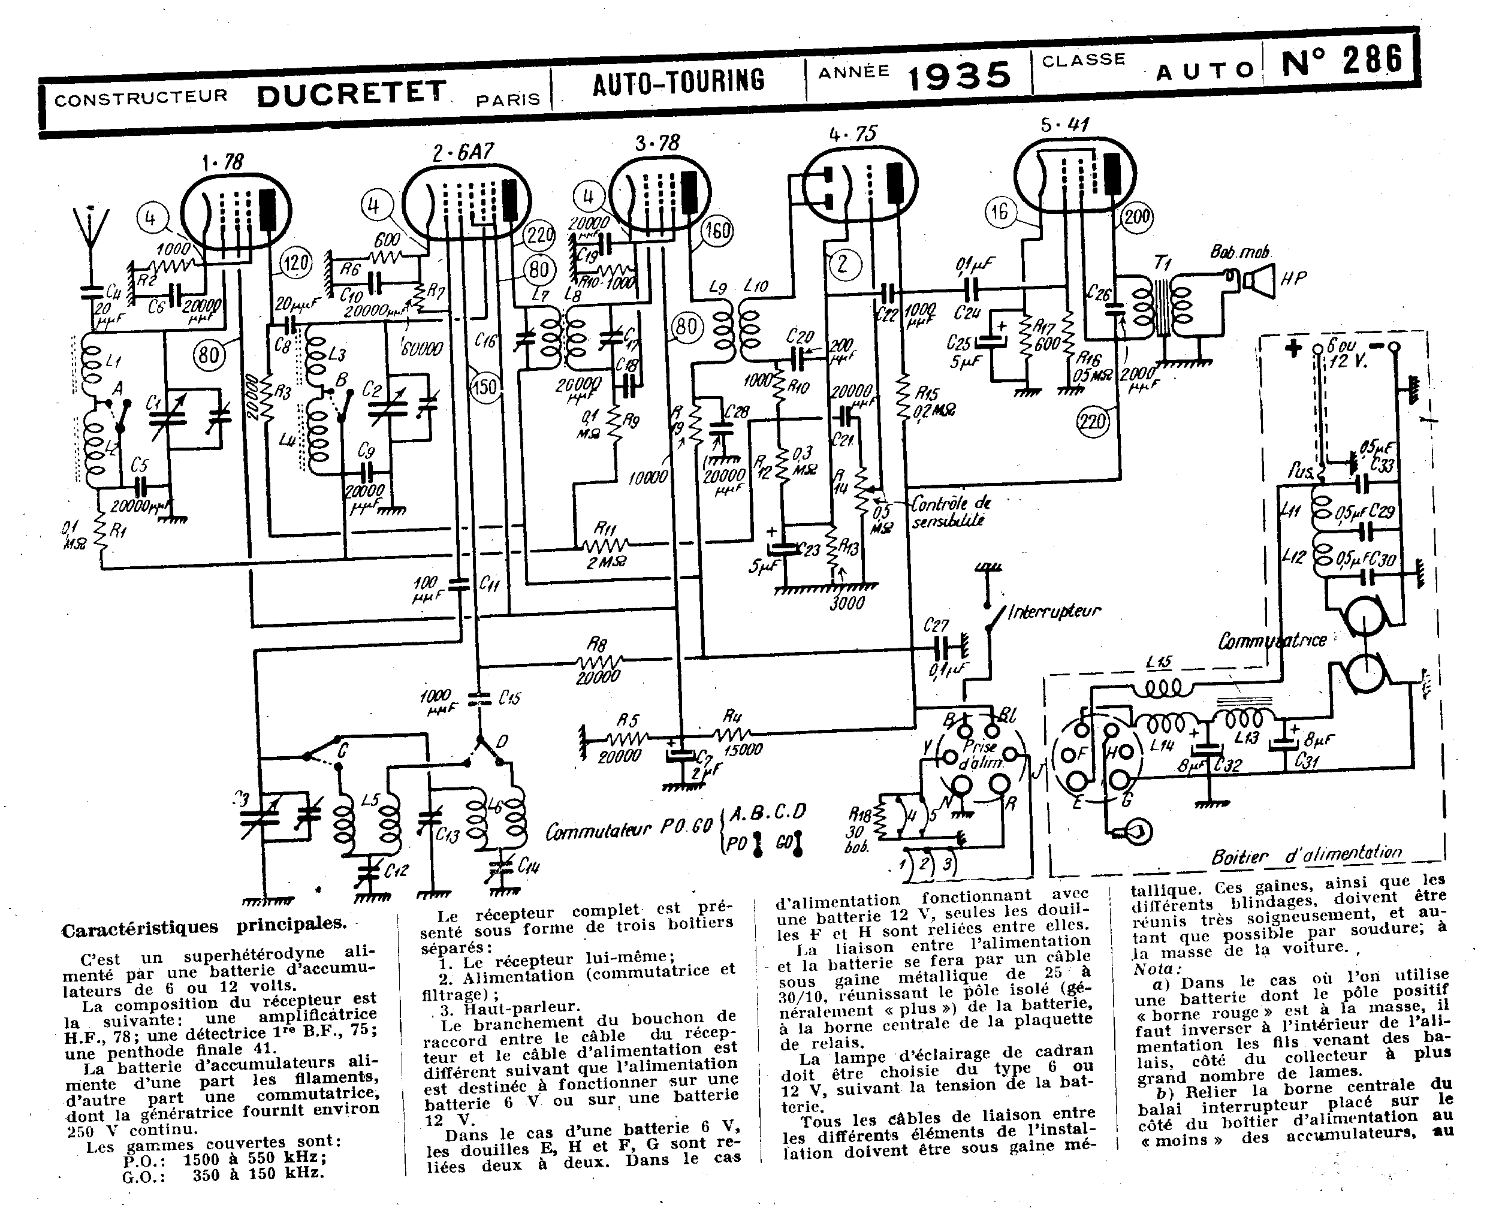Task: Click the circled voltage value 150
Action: pos(484,386)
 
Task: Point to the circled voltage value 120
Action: pos(295,264)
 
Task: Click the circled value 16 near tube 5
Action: pos(999,212)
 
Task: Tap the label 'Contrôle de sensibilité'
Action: pos(950,512)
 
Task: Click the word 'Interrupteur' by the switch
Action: pos(1054,612)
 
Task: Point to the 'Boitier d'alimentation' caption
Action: pos(1306,854)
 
